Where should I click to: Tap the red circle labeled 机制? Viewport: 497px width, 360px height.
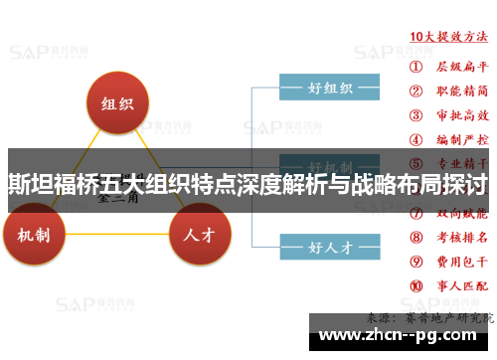[x=41, y=235]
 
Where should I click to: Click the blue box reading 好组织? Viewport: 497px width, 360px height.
[x=329, y=89]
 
